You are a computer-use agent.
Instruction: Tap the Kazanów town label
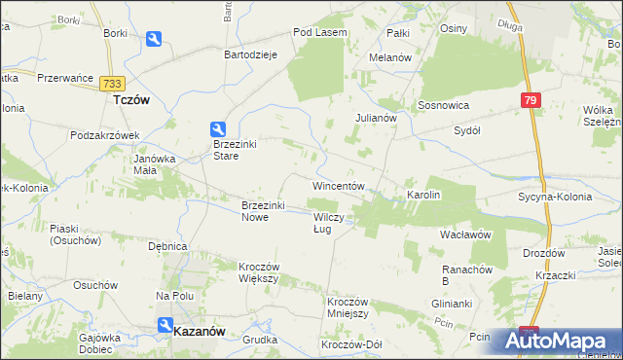[199, 331]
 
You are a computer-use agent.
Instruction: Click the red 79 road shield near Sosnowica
[529, 100]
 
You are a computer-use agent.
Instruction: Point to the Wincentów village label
[338, 185]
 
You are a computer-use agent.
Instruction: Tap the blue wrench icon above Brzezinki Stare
[219, 128]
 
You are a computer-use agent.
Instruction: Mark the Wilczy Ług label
[327, 223]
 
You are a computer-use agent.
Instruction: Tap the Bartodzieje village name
[252, 55]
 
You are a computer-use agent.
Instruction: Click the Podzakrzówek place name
[106, 135]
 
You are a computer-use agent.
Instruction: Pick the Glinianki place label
[451, 303]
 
